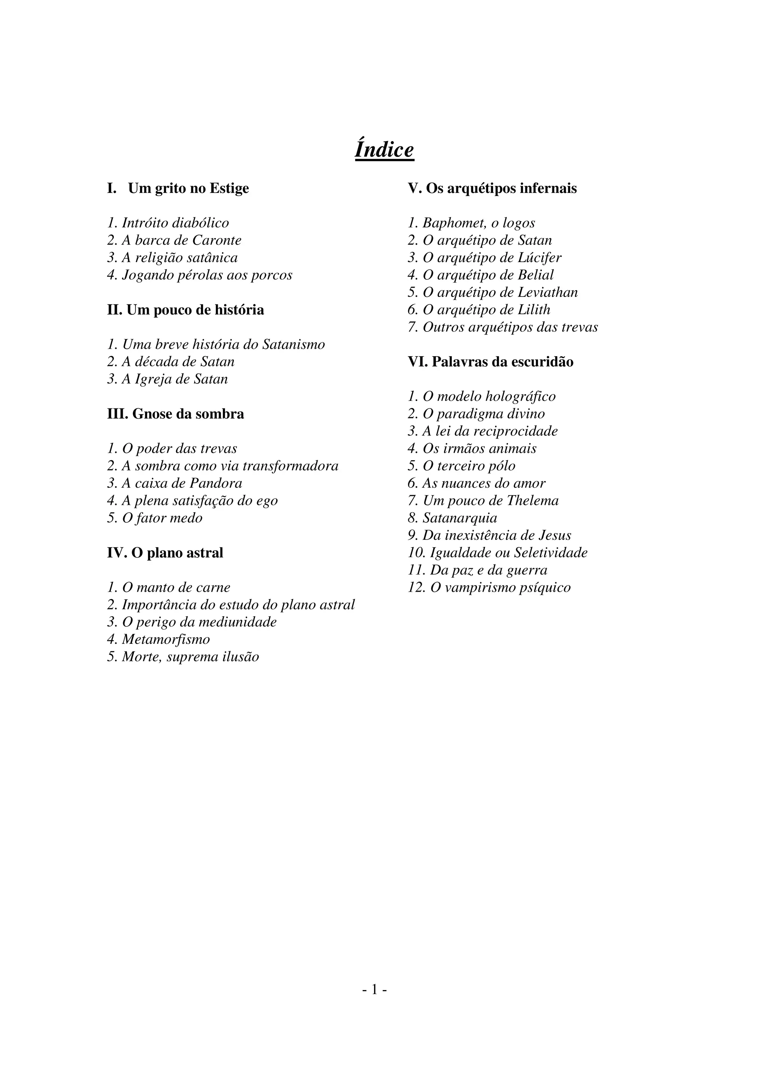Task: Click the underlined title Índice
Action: (x=384, y=150)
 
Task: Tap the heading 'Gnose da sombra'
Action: (x=176, y=414)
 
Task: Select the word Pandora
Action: (x=216, y=483)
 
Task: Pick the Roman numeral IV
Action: (x=116, y=553)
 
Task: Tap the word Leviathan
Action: (x=548, y=292)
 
